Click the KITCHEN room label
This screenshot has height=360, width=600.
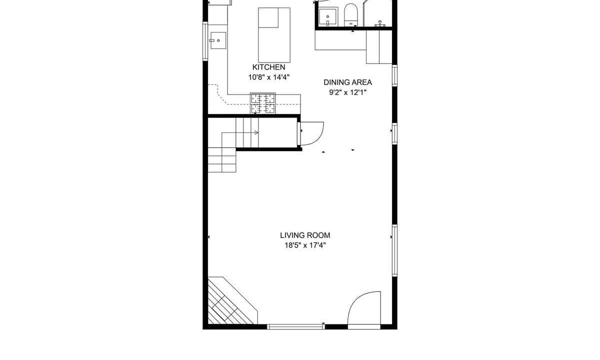coord(268,67)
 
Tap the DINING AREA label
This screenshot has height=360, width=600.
coord(347,82)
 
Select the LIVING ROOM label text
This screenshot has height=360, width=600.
coord(305,235)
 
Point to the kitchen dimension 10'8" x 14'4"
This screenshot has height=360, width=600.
coord(269,77)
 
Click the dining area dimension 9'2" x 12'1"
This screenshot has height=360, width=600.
coord(347,92)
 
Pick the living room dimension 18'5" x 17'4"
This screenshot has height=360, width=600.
coord(305,245)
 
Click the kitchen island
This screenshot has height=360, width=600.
coord(274,35)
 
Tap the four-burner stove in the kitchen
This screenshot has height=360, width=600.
coord(263,103)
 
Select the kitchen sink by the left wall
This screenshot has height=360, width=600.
coord(218,40)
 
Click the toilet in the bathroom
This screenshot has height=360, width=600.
coord(350,14)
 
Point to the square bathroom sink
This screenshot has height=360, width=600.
coord(328,16)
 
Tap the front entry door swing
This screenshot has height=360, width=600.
coord(364,308)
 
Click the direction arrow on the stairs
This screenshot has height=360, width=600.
coord(256,132)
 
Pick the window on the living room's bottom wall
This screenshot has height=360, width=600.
coord(295,326)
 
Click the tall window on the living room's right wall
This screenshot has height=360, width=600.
coord(394,250)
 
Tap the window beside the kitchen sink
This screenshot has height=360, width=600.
coord(205,41)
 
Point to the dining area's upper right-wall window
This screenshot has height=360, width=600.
coord(394,75)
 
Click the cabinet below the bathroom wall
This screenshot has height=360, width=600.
coord(379,47)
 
